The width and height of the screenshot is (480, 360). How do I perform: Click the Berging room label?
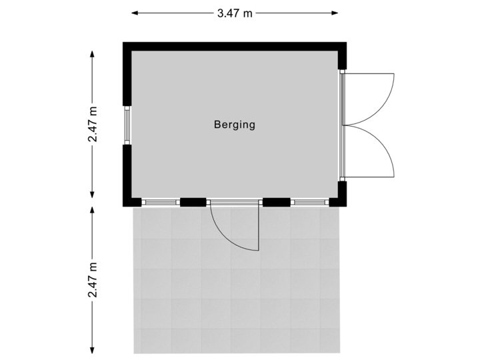pyautogui.click(x=235, y=124)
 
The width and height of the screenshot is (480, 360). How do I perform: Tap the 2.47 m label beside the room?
pyautogui.click(x=93, y=124)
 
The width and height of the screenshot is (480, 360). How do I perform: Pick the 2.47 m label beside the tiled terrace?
pyautogui.click(x=93, y=280)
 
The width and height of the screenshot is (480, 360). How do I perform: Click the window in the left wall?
pyautogui.click(x=127, y=125)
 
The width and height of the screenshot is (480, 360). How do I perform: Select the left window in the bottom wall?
pyautogui.click(x=161, y=202)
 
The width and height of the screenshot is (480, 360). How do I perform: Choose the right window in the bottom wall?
pyautogui.click(x=309, y=202)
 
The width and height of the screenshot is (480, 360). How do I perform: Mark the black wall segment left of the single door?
pyautogui.click(x=193, y=202)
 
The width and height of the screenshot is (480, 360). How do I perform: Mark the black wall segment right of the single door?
pyautogui.click(x=277, y=202)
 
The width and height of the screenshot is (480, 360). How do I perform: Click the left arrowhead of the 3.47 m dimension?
pyautogui.click(x=133, y=13)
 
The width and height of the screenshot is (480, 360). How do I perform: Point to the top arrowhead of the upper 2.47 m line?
pyautogui.click(x=93, y=51)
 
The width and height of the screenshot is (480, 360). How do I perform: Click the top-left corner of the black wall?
pyautogui.click(x=125, y=44)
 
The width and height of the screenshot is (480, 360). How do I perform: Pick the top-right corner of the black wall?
pyautogui.click(x=345, y=44)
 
